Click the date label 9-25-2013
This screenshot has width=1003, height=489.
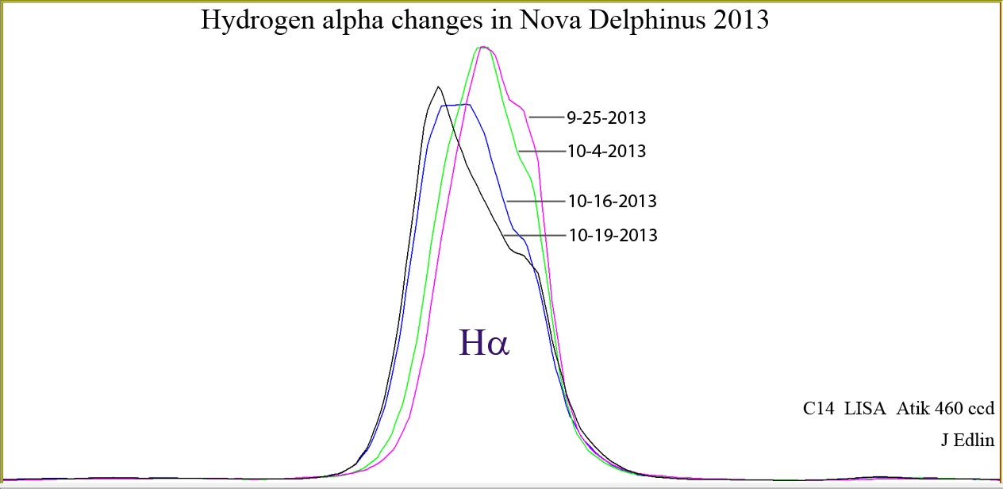(606, 118)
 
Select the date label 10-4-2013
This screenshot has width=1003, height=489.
(606, 151)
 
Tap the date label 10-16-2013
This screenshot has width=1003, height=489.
(612, 202)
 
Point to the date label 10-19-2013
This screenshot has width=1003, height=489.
(613, 236)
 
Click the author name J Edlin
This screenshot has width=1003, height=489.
(967, 441)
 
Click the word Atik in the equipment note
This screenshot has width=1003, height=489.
(913, 409)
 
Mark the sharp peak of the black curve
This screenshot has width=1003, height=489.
(438, 87)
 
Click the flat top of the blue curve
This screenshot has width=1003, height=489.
(456, 105)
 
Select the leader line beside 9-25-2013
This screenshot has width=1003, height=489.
(546, 117)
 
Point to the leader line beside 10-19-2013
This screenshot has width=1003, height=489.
(533, 236)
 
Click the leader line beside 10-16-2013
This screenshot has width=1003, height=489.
(536, 202)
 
